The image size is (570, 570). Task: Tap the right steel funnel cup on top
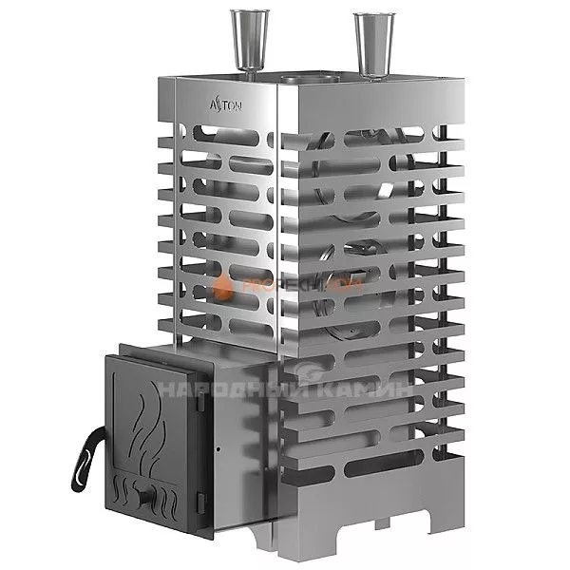point(370,43)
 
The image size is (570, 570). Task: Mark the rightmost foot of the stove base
point(455,508)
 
